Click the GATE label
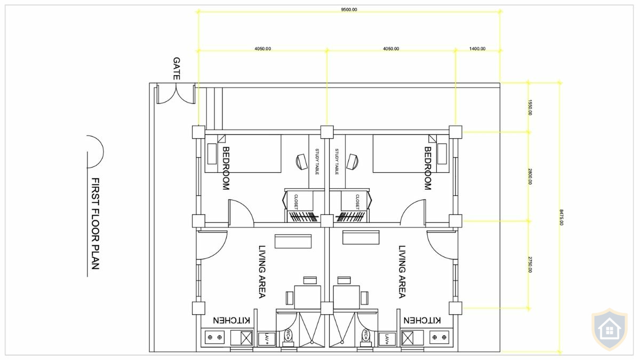(177, 69)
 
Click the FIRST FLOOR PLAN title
(95, 223)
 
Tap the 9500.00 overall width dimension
(349, 10)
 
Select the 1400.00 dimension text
(477, 49)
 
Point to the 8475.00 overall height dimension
(561, 216)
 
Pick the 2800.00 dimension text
(530, 176)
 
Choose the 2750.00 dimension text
(530, 265)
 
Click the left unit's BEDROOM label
(226, 168)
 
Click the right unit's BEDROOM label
(427, 168)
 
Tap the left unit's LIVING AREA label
(262, 271)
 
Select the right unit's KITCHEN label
(422, 320)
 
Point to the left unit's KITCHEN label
(232, 320)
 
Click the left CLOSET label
(296, 202)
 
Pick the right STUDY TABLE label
(337, 162)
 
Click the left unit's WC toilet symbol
(289, 335)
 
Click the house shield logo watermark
(610, 330)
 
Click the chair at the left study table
(301, 161)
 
